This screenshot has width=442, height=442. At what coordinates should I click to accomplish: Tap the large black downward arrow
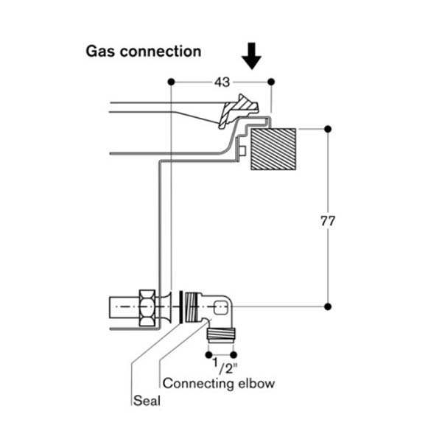point(252,56)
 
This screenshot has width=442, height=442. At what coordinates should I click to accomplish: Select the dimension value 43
point(222,83)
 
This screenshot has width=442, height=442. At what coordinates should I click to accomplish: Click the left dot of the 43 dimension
point(170,81)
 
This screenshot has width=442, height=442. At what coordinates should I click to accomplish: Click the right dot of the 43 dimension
point(271,81)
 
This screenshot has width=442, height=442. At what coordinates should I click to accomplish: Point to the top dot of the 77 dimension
point(328,129)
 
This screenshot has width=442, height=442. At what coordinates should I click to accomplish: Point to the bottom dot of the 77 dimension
point(328,306)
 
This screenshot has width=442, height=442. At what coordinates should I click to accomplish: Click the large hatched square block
point(273,150)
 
